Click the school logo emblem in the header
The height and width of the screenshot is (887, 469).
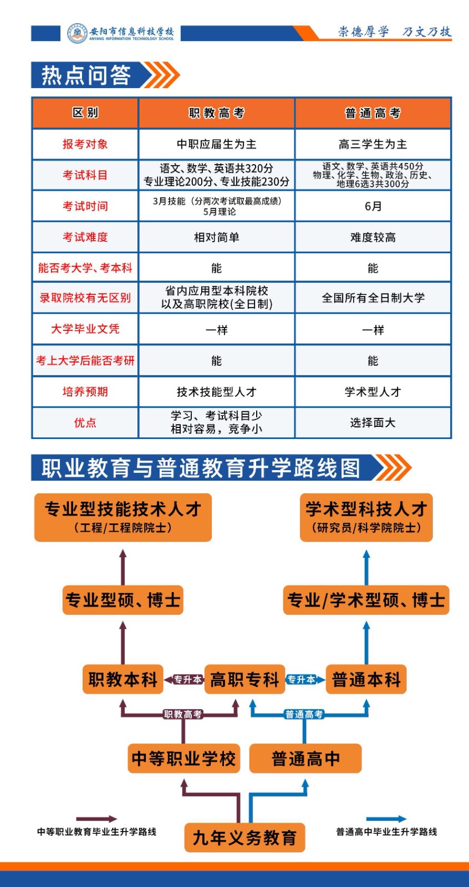[78, 33]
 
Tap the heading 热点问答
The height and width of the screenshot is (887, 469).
[86, 75]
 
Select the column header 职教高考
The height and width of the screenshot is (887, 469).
[216, 113]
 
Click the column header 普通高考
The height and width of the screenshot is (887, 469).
[373, 113]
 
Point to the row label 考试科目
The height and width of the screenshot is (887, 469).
[85, 175]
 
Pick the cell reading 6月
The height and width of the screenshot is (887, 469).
[373, 206]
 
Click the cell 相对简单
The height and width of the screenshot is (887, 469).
[216, 237]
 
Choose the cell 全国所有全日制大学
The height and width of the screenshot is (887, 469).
[373, 298]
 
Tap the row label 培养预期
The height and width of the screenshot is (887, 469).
[85, 392]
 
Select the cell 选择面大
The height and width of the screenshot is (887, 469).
[373, 423]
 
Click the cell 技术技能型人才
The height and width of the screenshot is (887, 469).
[216, 392]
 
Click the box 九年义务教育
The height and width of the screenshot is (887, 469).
[244, 838]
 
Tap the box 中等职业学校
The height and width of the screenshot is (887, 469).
[183, 758]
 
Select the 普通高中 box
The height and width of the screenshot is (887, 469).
[305, 758]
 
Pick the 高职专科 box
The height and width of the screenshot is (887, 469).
[244, 680]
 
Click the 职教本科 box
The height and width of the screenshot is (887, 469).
[123, 680]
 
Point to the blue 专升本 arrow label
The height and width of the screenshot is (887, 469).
[302, 680]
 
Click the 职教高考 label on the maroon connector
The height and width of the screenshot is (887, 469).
[182, 715]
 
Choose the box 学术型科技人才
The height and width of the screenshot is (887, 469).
[366, 517]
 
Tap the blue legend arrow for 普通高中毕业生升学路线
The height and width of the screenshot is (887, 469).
[386, 819]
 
